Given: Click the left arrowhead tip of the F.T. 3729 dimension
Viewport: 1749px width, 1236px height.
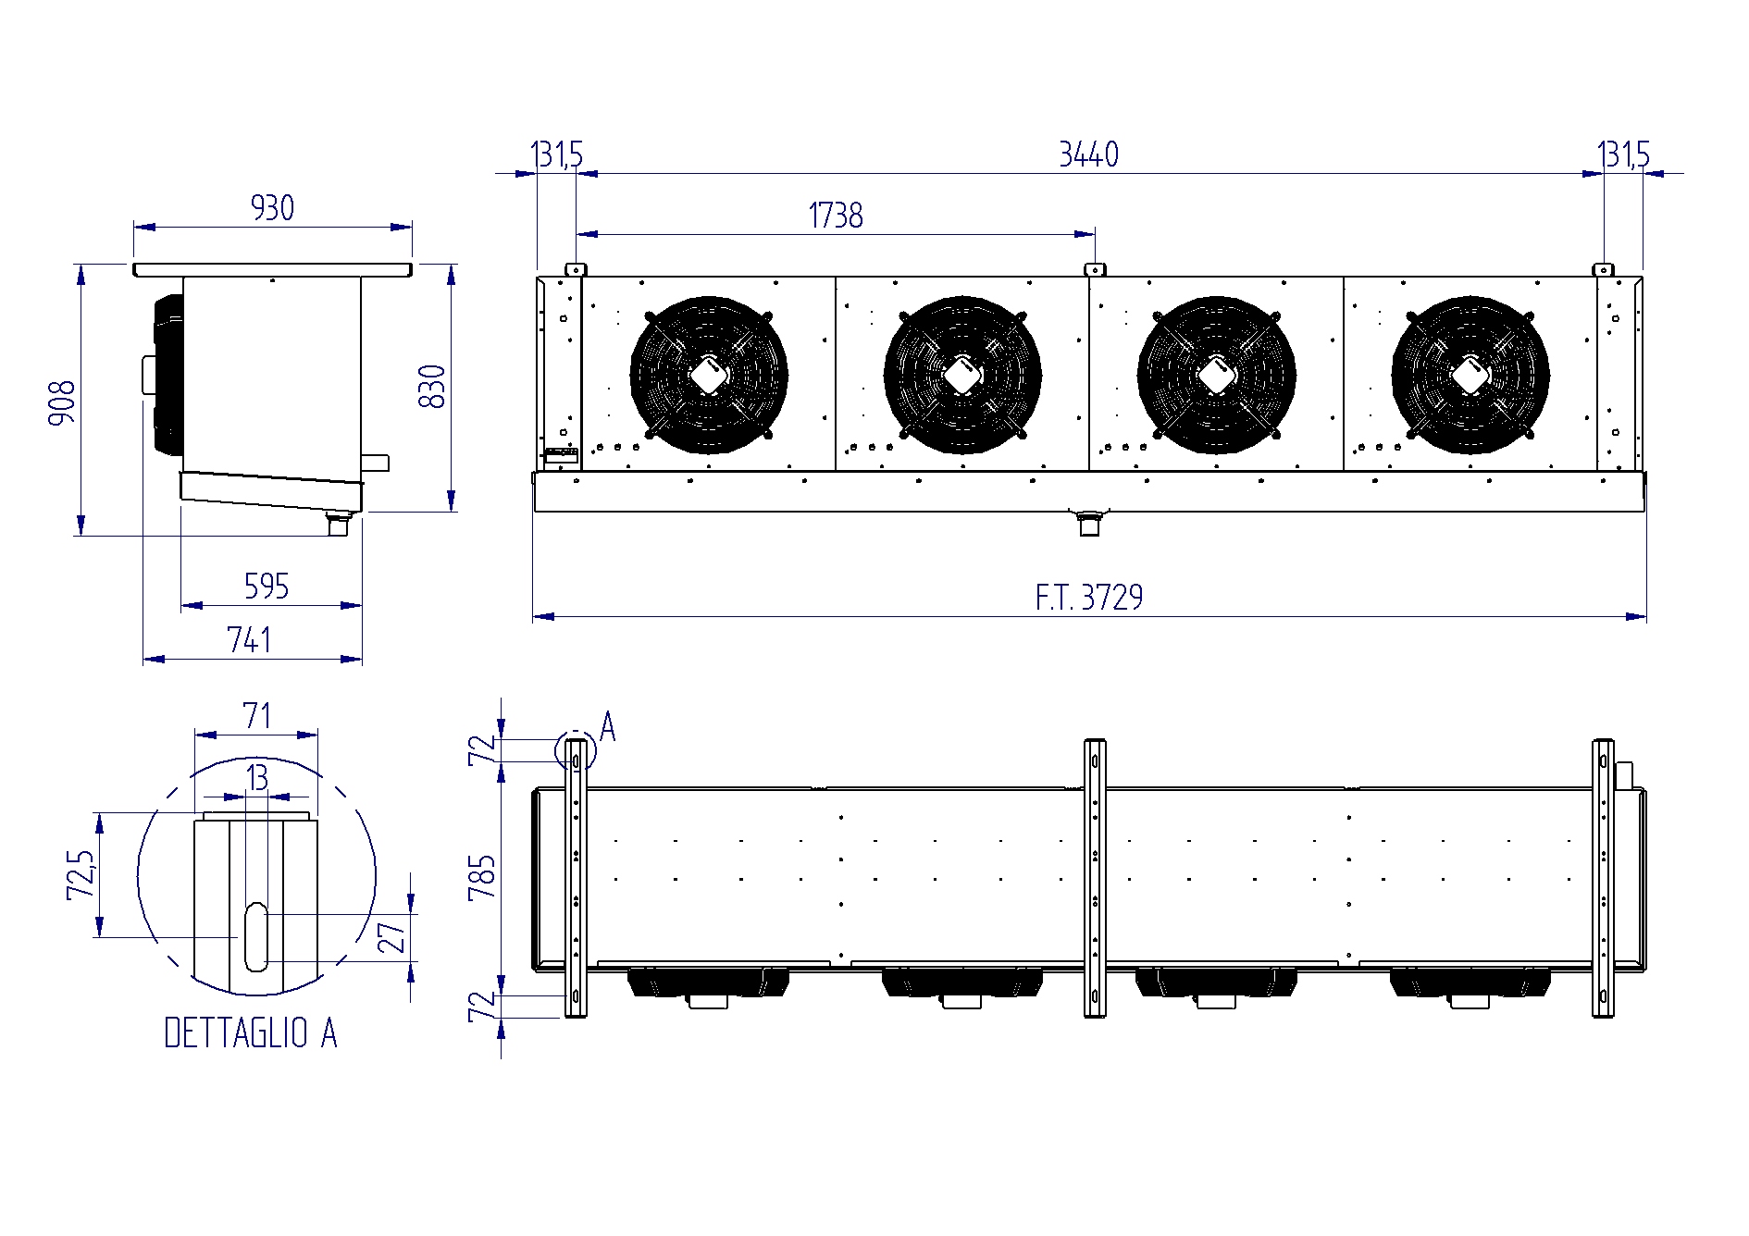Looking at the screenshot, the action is pos(533,616).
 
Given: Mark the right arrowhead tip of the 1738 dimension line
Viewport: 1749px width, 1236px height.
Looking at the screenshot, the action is pos(1095,234).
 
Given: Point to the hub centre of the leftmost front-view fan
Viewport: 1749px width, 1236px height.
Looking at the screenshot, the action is pos(709,376).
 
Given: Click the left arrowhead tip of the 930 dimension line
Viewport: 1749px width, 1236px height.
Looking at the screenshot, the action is pos(134,227).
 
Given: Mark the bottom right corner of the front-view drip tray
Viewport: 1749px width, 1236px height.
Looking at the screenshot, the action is pos(1646,511).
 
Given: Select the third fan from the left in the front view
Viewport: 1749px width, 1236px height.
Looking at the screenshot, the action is pos(1216,376).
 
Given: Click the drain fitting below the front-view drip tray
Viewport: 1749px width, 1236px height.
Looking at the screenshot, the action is pos(1088,523).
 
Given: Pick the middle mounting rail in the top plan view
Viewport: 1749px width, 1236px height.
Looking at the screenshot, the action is pos(1095,878).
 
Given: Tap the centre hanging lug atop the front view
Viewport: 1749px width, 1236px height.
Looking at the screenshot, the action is pos(1095,269).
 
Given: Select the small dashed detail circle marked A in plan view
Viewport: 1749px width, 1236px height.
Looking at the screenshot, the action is pos(575,750).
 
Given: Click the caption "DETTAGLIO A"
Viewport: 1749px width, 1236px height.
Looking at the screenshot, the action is pos(250,1033).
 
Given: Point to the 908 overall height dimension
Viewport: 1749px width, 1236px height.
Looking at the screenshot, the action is pos(63,402).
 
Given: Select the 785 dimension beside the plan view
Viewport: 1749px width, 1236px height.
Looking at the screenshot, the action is pos(482,878).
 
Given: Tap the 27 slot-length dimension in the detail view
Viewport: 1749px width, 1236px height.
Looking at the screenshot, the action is pos(392,937).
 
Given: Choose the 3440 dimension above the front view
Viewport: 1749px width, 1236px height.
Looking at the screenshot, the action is pos(1088,154).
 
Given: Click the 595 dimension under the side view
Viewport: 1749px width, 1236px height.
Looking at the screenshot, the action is pos(267,587).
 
